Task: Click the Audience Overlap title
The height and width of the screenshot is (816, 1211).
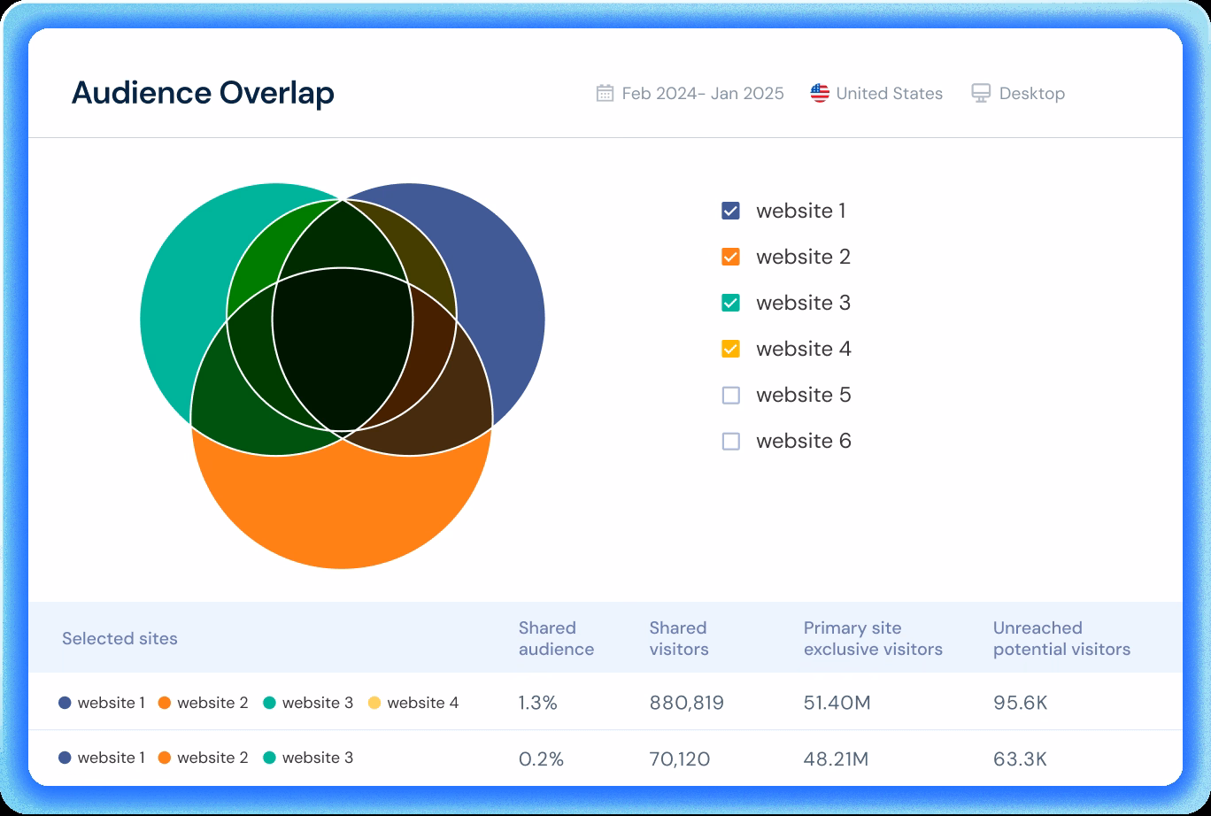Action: (203, 93)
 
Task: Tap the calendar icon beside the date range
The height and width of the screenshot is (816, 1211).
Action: (605, 93)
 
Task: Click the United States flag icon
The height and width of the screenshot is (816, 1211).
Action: (820, 93)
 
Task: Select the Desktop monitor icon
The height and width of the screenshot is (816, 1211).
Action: (981, 93)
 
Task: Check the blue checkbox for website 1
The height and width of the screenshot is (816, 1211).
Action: (730, 211)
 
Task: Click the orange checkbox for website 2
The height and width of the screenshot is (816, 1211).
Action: (730, 257)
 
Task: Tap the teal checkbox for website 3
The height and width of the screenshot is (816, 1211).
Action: (730, 303)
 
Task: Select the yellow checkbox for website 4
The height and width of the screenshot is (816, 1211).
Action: (730, 349)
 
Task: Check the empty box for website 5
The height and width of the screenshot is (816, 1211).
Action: (730, 395)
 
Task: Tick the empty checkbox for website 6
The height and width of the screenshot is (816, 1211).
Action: (730, 441)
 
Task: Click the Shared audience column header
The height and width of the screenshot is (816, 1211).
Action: (556, 638)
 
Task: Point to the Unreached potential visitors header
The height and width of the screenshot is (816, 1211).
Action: (1061, 638)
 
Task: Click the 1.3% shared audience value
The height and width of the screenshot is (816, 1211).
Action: (538, 703)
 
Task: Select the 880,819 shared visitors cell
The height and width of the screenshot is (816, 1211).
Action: (686, 703)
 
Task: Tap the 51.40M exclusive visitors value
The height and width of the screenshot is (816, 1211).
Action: (837, 703)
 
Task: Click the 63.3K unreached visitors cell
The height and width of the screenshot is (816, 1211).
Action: (1020, 758)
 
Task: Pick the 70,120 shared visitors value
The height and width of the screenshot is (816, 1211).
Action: (679, 758)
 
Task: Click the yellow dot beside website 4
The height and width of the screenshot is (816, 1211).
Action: (374, 703)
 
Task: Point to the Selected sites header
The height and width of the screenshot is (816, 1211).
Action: (120, 638)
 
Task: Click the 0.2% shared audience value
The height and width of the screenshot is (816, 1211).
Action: (541, 758)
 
